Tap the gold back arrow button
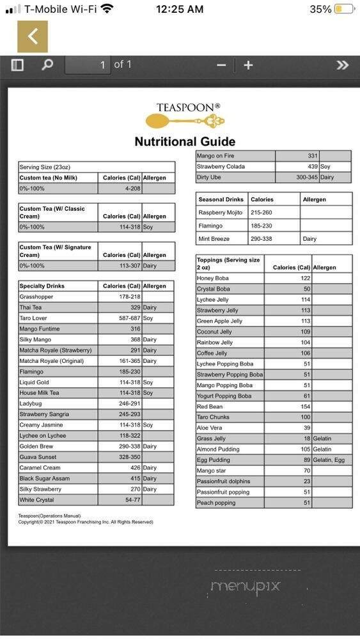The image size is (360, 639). (x=32, y=36)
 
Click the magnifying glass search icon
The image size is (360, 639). (x=47, y=65)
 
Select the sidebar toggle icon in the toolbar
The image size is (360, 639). (x=17, y=65)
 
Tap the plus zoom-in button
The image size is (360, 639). (x=248, y=65)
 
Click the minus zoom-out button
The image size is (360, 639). (x=221, y=65)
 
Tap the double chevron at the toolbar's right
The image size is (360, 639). (x=343, y=65)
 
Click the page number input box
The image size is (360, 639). (x=88, y=65)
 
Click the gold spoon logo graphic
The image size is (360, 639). (x=185, y=120)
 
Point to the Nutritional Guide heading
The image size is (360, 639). (x=185, y=142)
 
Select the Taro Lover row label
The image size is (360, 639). (x=33, y=318)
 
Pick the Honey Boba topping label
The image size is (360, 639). (x=213, y=279)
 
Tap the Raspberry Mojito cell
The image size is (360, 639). (x=221, y=213)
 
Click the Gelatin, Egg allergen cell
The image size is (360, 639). (x=329, y=460)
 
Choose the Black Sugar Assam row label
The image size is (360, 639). (x=44, y=479)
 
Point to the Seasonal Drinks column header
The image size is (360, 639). (x=221, y=199)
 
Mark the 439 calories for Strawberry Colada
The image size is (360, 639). (x=311, y=167)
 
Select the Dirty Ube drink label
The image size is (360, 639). (x=209, y=178)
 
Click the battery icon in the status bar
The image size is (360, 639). (x=344, y=9)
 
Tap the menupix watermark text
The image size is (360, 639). (x=246, y=586)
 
